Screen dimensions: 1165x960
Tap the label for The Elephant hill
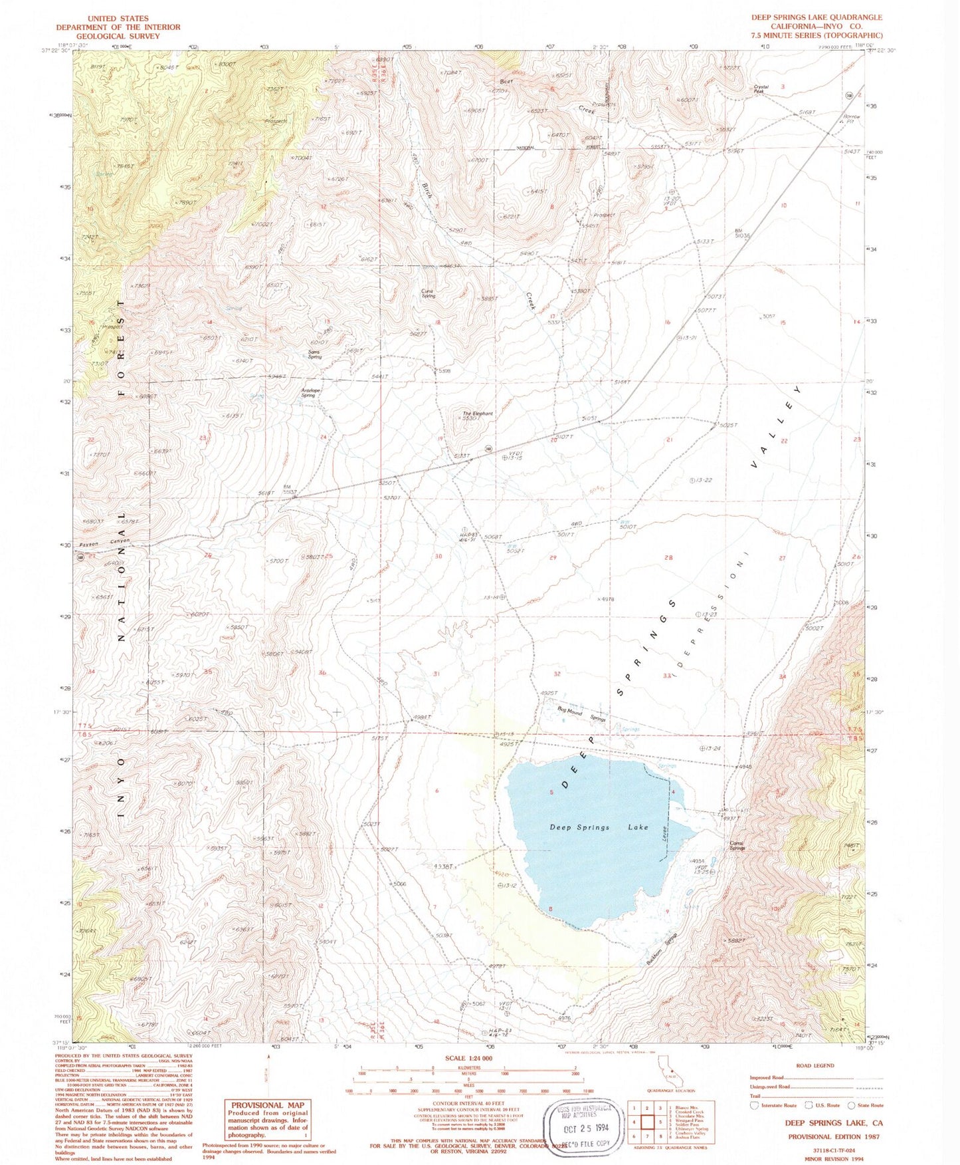coord(478,414)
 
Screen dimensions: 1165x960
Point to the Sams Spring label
coord(314,354)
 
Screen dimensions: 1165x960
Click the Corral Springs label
coord(737,846)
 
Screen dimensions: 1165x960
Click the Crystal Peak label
coord(761,88)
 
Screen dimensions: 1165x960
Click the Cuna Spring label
coord(429,293)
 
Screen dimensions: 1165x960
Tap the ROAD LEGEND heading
coord(815,1066)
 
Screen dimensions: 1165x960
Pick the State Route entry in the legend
coord(866,1105)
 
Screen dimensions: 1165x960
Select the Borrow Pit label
coord(851,120)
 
